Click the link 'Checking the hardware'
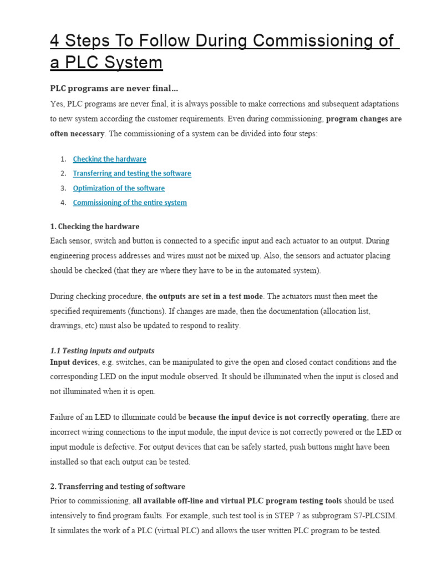109,159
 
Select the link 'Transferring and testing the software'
131,174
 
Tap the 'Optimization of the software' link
119,188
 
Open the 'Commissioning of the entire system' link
130,203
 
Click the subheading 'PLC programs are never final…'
114,89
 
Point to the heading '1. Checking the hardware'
94,226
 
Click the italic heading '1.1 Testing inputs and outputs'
102,351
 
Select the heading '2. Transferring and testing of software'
118,487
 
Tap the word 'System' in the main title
135,63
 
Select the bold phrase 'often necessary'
77,133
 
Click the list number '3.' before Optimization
63,188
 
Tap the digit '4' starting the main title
55,41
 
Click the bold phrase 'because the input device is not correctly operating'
277,417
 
